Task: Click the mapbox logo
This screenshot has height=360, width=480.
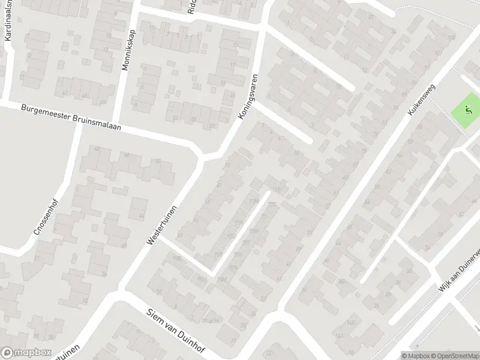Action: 25,353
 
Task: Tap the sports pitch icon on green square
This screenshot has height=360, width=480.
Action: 469,110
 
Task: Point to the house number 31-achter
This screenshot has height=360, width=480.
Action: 211,320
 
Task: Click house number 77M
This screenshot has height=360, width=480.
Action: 253,201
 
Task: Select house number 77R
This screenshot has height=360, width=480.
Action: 239,223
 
